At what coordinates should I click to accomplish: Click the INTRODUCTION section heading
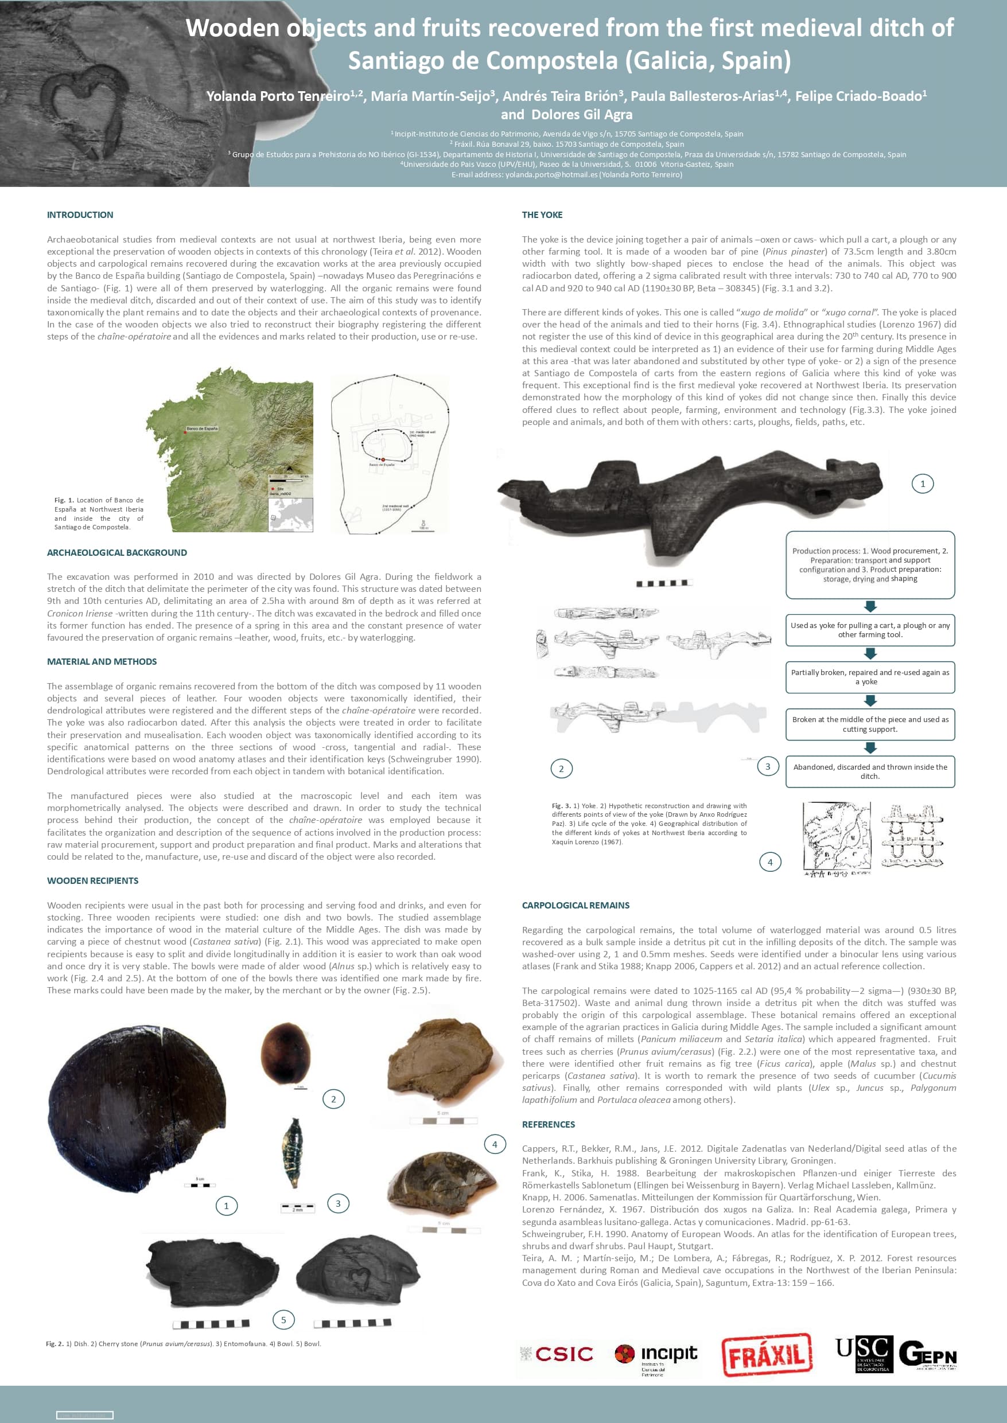pyautogui.click(x=80, y=215)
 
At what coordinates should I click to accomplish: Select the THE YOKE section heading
pyautogui.click(x=542, y=215)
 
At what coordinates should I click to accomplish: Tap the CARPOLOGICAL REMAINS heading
pyautogui.click(x=576, y=906)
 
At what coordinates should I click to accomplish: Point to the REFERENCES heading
pyautogui.click(x=548, y=1124)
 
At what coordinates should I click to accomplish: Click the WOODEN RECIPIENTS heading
pyautogui.click(x=92, y=880)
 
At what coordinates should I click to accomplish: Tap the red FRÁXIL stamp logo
pyautogui.click(x=767, y=1355)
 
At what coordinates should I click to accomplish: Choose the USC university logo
pyautogui.click(x=864, y=1354)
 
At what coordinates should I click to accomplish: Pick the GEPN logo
pyautogui.click(x=928, y=1354)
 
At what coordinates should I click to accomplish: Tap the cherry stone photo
pyautogui.click(x=286, y=1054)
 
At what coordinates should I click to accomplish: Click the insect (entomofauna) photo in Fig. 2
pyautogui.click(x=292, y=1151)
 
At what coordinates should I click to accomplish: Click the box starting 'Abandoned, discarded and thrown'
pyautogui.click(x=870, y=771)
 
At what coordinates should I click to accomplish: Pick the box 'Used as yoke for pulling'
pyautogui.click(x=870, y=630)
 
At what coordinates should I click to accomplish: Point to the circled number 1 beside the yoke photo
pyautogui.click(x=923, y=484)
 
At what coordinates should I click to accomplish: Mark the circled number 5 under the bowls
pyautogui.click(x=283, y=1320)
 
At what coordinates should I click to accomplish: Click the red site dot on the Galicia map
pyautogui.click(x=185, y=432)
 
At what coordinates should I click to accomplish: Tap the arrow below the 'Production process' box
pyautogui.click(x=870, y=606)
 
